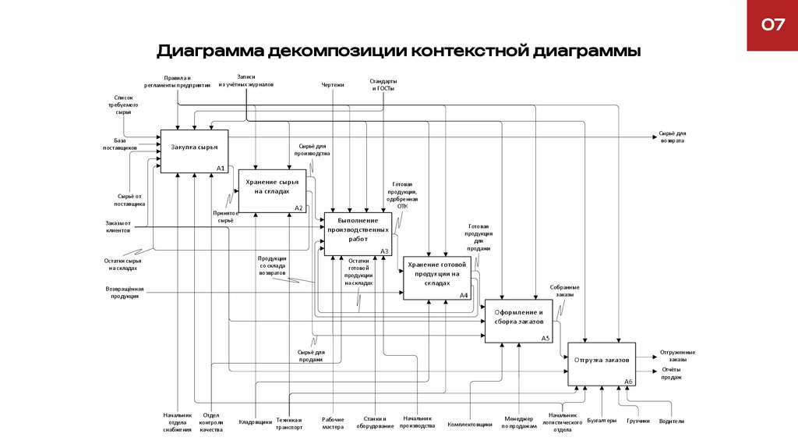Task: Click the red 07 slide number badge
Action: tap(772, 26)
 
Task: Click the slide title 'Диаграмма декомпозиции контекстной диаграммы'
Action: tap(399, 52)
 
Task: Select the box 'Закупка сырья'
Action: tap(194, 151)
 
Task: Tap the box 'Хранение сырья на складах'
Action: tap(271, 190)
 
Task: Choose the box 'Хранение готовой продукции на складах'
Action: tap(436, 278)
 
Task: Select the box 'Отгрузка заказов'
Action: tap(601, 364)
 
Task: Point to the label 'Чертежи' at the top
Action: tap(333, 84)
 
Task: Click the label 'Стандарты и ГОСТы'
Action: tap(382, 85)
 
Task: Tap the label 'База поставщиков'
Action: tap(120, 144)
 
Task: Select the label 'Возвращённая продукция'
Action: tap(123, 293)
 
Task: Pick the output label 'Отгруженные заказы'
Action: tap(677, 355)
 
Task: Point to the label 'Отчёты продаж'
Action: tap(672, 373)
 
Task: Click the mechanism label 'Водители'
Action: tap(671, 421)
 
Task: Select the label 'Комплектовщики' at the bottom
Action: tap(470, 425)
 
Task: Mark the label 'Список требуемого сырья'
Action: tap(124, 105)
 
